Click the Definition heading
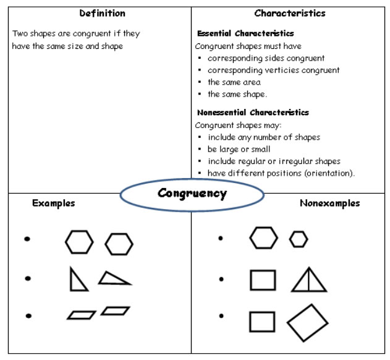tap(102, 13)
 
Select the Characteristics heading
tap(290, 13)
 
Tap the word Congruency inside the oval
tap(192, 194)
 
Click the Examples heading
tap(54, 204)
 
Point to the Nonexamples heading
tap(330, 203)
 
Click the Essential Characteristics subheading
tap(245, 33)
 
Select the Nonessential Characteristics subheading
tap(253, 113)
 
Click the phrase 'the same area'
tap(234, 82)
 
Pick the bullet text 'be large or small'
tap(239, 149)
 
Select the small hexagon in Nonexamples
tap(299, 239)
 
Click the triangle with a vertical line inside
tap(309, 280)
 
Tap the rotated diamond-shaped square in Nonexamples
tap(308, 323)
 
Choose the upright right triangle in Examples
tap(78, 279)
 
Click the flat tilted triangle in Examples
tap(115, 278)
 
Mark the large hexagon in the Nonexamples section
tap(264, 238)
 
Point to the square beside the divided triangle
tap(263, 280)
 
